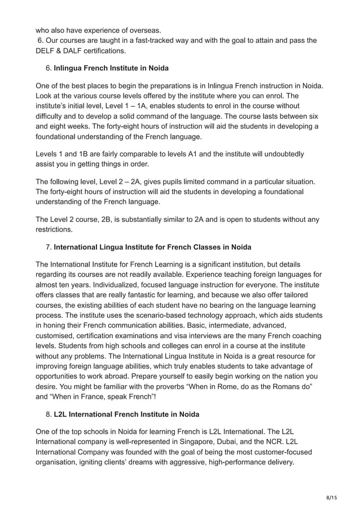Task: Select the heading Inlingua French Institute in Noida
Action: coord(111,68)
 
